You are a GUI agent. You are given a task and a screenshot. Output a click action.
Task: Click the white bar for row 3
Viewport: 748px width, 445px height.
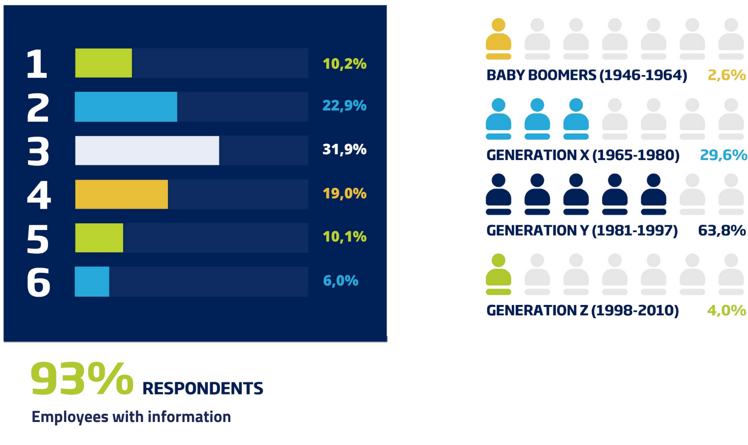[x=147, y=150]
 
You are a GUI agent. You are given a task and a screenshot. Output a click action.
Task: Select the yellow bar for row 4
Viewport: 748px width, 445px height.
[x=121, y=194]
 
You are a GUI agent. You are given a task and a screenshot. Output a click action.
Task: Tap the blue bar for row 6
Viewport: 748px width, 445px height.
[x=92, y=281]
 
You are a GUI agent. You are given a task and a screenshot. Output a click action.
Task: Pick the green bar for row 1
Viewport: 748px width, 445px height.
[x=103, y=63]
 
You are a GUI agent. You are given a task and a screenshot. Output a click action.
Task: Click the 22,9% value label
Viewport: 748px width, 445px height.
[x=344, y=106]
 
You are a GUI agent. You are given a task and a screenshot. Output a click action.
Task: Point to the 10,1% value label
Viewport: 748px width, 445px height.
[x=344, y=237]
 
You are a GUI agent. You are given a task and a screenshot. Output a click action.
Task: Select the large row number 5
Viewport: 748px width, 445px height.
[x=38, y=239]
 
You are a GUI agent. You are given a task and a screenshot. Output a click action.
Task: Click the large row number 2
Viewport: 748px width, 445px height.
[x=38, y=107]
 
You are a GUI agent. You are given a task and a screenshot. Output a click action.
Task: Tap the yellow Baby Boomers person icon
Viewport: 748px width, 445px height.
[x=498, y=39]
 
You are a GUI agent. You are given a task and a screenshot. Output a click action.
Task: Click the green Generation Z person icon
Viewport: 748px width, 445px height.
[x=498, y=274]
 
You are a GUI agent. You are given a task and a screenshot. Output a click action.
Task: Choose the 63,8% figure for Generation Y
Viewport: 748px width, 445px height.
[x=722, y=230]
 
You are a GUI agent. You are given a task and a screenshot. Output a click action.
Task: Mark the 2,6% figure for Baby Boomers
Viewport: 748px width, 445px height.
[x=726, y=75]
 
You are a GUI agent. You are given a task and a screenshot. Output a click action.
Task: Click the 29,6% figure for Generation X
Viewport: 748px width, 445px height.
[x=723, y=155]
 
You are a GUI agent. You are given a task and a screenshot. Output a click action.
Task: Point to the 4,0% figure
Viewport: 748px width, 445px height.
[x=726, y=310]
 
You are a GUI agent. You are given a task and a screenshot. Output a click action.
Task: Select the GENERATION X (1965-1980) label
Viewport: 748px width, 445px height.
[x=583, y=155]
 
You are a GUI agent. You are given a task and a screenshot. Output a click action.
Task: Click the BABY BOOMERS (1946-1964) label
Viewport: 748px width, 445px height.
[x=587, y=75]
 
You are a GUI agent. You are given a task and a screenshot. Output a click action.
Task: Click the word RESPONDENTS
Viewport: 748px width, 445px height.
[x=203, y=389]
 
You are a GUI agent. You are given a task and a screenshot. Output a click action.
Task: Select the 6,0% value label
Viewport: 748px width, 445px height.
[x=340, y=281]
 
